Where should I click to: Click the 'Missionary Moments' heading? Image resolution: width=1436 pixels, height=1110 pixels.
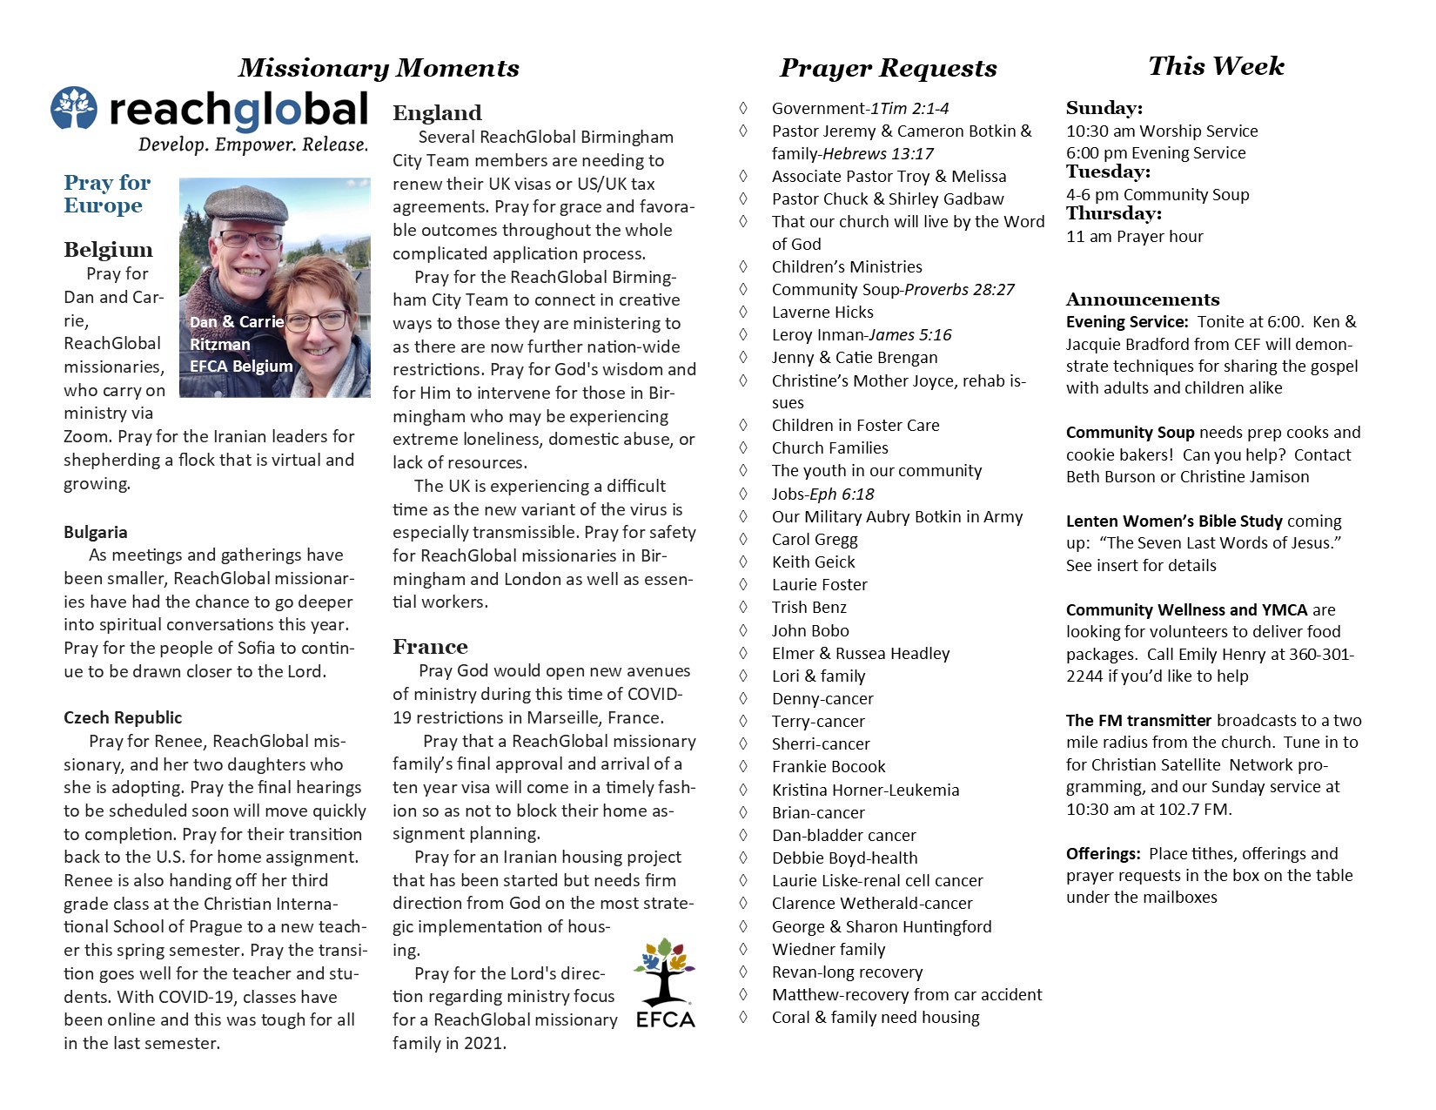pyautogui.click(x=379, y=68)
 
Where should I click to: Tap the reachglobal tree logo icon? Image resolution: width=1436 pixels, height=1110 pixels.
pyautogui.click(x=74, y=109)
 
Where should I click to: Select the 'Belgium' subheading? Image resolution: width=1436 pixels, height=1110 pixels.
pyautogui.click(x=108, y=250)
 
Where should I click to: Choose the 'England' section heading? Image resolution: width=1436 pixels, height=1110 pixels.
pyautogui.click(x=437, y=113)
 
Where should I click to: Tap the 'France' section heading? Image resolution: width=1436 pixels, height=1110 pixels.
pyautogui.click(x=430, y=647)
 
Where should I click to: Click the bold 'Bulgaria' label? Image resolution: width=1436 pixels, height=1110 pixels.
pyautogui.click(x=96, y=532)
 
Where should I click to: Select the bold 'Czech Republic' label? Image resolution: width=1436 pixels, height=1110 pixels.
pyautogui.click(x=123, y=717)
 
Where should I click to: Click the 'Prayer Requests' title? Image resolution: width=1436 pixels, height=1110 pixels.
pyautogui.click(x=888, y=68)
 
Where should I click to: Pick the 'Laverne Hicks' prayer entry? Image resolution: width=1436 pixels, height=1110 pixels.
pyautogui.click(x=822, y=312)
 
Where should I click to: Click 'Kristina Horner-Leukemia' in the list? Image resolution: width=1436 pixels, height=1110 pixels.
pyautogui.click(x=865, y=790)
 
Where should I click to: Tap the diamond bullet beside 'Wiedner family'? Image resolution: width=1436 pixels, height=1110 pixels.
pyautogui.click(x=743, y=948)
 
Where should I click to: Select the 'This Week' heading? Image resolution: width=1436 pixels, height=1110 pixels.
pyautogui.click(x=1216, y=66)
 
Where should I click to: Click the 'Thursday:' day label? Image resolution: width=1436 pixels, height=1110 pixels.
pyautogui.click(x=1114, y=214)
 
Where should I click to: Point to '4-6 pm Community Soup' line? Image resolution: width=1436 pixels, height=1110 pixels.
pyautogui.click(x=1158, y=194)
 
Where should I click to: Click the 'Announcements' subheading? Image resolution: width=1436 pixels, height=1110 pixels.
pyautogui.click(x=1143, y=299)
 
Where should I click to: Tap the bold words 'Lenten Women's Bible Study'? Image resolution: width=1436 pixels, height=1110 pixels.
pyautogui.click(x=1174, y=521)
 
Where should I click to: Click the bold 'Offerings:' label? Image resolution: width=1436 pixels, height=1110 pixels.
pyautogui.click(x=1103, y=853)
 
